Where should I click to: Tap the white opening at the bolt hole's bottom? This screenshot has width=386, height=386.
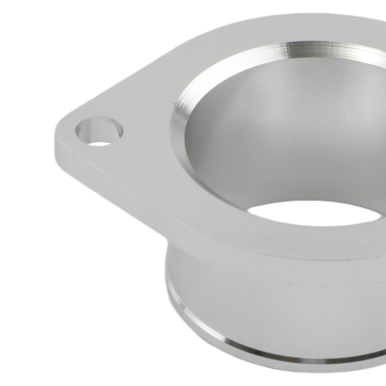99,144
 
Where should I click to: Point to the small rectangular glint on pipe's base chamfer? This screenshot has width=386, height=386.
181,305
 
